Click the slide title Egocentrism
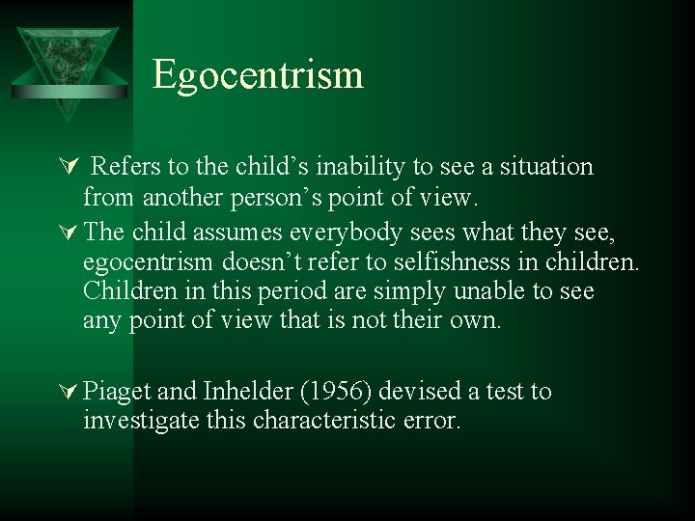(258, 75)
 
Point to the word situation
(545, 167)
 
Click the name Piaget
(117, 392)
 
